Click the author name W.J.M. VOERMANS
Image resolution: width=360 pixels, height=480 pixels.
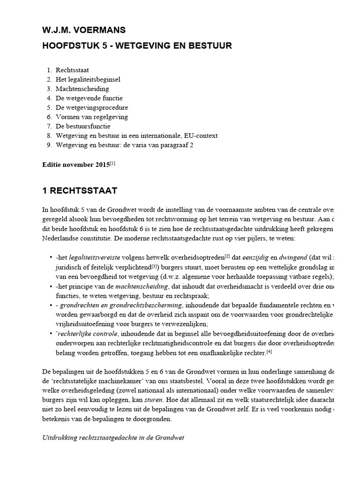(83, 30)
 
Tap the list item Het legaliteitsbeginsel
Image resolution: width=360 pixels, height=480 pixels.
(88, 79)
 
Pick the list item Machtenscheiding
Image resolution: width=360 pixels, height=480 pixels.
(82, 89)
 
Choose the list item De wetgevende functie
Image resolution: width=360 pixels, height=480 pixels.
(89, 98)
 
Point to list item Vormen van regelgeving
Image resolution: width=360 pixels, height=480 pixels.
(91, 117)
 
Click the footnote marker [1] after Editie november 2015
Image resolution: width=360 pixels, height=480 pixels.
(112, 163)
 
